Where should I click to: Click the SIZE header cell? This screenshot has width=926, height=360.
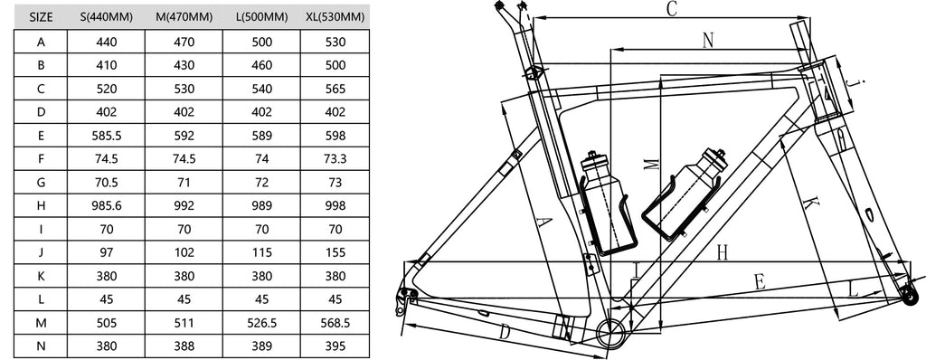41,18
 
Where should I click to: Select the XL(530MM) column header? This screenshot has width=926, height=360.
335,18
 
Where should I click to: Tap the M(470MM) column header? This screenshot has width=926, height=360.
184,18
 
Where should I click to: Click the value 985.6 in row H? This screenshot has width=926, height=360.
107,205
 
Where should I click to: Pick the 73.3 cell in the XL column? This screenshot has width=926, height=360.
335,159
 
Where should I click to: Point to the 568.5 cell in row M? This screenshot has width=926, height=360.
335,323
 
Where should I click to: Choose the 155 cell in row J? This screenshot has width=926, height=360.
335,252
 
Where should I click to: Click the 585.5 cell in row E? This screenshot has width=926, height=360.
107,136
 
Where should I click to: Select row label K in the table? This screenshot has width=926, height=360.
41,276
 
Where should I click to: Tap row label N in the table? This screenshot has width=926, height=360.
41,346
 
